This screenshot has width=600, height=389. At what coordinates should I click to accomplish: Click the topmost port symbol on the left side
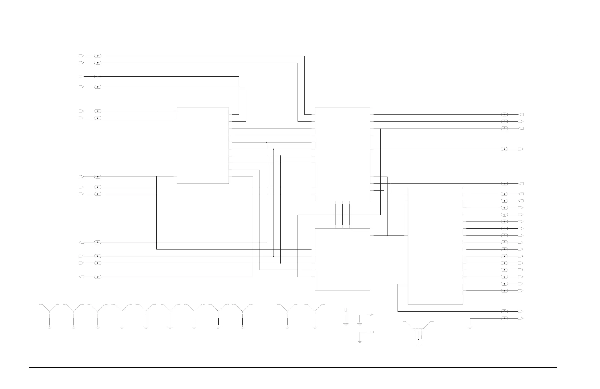coord(81,56)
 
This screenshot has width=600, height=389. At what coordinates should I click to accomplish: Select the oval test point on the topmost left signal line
coord(98,56)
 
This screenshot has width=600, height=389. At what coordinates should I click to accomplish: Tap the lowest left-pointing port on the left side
coord(81,277)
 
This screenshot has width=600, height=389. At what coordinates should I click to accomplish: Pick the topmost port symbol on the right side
coord(521,115)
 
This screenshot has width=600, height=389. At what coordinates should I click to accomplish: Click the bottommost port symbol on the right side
coord(521,318)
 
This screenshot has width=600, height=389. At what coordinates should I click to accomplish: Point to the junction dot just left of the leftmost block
coord(156,177)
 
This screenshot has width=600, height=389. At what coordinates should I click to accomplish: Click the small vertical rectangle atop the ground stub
coord(346,309)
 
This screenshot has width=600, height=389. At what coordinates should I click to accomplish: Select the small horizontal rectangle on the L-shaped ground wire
coord(372,332)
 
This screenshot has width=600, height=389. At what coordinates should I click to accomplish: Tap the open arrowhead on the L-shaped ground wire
coord(371,315)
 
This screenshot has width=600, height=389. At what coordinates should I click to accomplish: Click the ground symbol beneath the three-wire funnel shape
coord(418,345)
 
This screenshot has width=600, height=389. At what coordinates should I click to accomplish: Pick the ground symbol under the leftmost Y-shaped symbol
coord(50,328)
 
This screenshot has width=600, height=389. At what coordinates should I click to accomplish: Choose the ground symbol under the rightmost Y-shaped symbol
coord(315,328)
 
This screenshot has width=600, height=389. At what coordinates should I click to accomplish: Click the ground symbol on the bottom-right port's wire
coord(470,328)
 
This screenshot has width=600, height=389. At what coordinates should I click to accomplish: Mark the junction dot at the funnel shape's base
coord(418,339)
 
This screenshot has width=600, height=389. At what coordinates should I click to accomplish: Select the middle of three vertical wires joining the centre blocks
coord(343,215)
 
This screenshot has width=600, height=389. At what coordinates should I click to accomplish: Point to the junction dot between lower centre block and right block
coord(387,236)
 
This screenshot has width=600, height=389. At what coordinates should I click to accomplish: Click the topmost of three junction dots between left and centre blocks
coord(267,142)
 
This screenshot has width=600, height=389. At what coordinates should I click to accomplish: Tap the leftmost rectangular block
coord(203,145)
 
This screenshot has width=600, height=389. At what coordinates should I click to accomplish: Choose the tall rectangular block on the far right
coord(435,246)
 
